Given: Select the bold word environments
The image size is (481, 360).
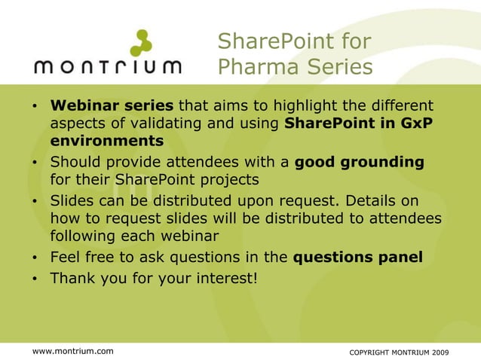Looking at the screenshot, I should tap(107, 141).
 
